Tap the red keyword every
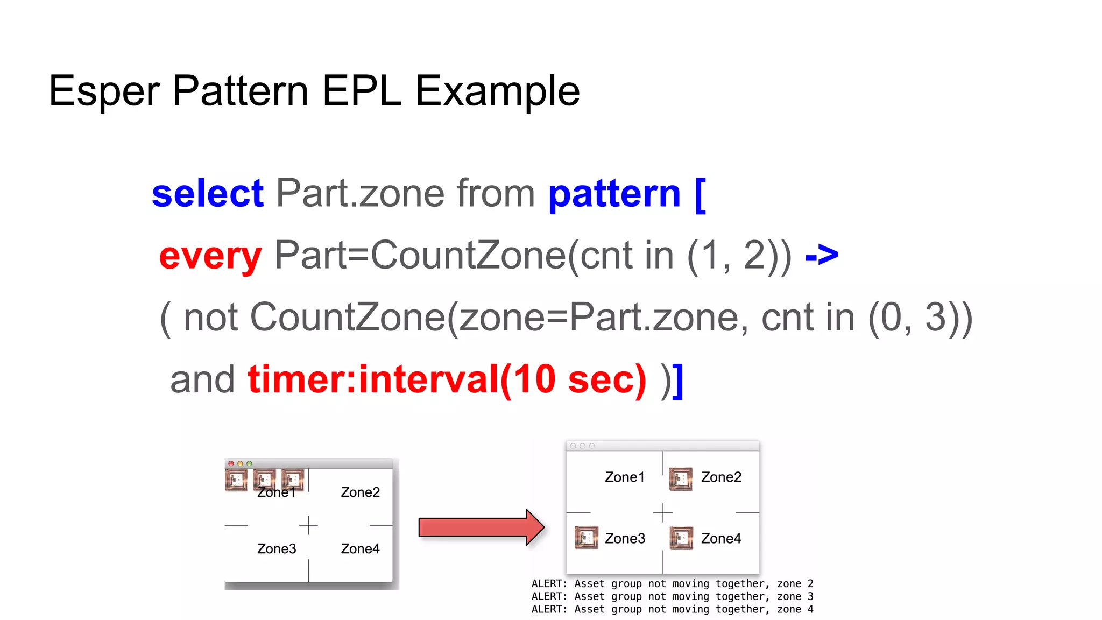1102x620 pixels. coord(210,256)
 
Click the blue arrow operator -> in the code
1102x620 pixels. coord(822,255)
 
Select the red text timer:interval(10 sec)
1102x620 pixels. coord(447,379)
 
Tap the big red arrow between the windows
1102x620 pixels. coord(481,527)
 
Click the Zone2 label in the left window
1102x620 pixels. coord(360,492)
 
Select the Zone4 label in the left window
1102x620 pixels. coord(360,549)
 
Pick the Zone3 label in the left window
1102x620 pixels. coord(277,549)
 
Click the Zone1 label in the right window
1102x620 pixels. coord(624,477)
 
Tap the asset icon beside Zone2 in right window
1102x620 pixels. coord(681,478)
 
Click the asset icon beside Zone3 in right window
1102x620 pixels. coord(586,538)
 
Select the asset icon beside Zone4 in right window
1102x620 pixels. coord(681,538)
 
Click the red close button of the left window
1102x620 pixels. coord(231,463)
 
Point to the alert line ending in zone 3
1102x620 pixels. coord(672,597)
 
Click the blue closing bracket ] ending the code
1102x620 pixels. coord(679,381)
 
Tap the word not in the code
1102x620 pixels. coord(210,318)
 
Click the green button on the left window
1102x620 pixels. coord(249,463)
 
